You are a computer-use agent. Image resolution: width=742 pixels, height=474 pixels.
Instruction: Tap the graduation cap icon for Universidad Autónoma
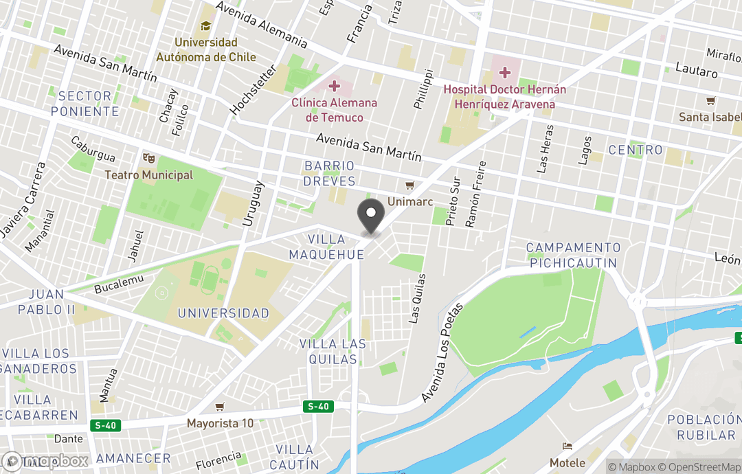pos(205,27)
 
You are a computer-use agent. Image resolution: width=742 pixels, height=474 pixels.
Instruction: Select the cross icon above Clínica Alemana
pos(335,86)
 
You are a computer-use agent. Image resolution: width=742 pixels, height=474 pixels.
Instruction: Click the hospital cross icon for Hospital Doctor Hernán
pos(505,72)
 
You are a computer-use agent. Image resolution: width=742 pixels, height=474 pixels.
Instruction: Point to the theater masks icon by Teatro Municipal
pos(148,159)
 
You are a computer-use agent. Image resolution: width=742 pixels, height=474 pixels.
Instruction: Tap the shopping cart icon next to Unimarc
pos(410,185)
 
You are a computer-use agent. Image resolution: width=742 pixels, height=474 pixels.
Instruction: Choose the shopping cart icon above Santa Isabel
pos(710,101)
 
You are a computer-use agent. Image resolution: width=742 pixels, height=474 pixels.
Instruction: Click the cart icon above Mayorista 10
pos(219,407)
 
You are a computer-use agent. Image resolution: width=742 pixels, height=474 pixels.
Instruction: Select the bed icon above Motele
pos(567,447)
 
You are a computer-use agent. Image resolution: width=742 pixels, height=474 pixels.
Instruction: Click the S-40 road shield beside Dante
pos(105,425)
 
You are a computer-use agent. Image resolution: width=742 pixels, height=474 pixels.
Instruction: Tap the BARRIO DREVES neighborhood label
pos(330,174)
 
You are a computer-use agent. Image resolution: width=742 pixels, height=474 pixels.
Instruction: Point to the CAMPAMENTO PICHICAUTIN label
pos(574,255)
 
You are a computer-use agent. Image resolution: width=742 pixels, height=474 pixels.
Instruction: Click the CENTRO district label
pos(636,150)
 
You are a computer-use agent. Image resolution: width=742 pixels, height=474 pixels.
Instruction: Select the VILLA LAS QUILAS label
pos(328,352)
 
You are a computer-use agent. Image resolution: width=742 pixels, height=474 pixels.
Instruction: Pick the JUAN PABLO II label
pos(46,302)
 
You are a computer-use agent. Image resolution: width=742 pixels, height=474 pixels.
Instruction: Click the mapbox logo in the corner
pos(45,461)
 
